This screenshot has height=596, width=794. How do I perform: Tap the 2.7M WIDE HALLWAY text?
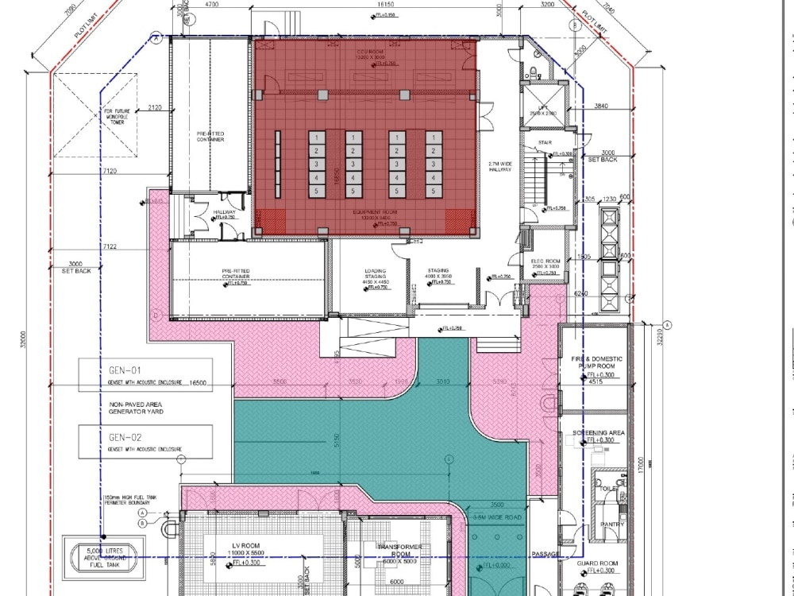[500, 167]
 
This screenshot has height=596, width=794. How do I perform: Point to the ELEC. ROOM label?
[546, 261]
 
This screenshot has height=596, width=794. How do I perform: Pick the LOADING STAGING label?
[376, 273]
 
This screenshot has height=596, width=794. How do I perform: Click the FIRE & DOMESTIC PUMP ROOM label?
[597, 362]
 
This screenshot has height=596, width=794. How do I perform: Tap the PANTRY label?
[612, 524]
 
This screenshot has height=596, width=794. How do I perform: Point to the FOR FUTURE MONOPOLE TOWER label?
[111, 117]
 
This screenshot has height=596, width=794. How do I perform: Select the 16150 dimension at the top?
[383, 5]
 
